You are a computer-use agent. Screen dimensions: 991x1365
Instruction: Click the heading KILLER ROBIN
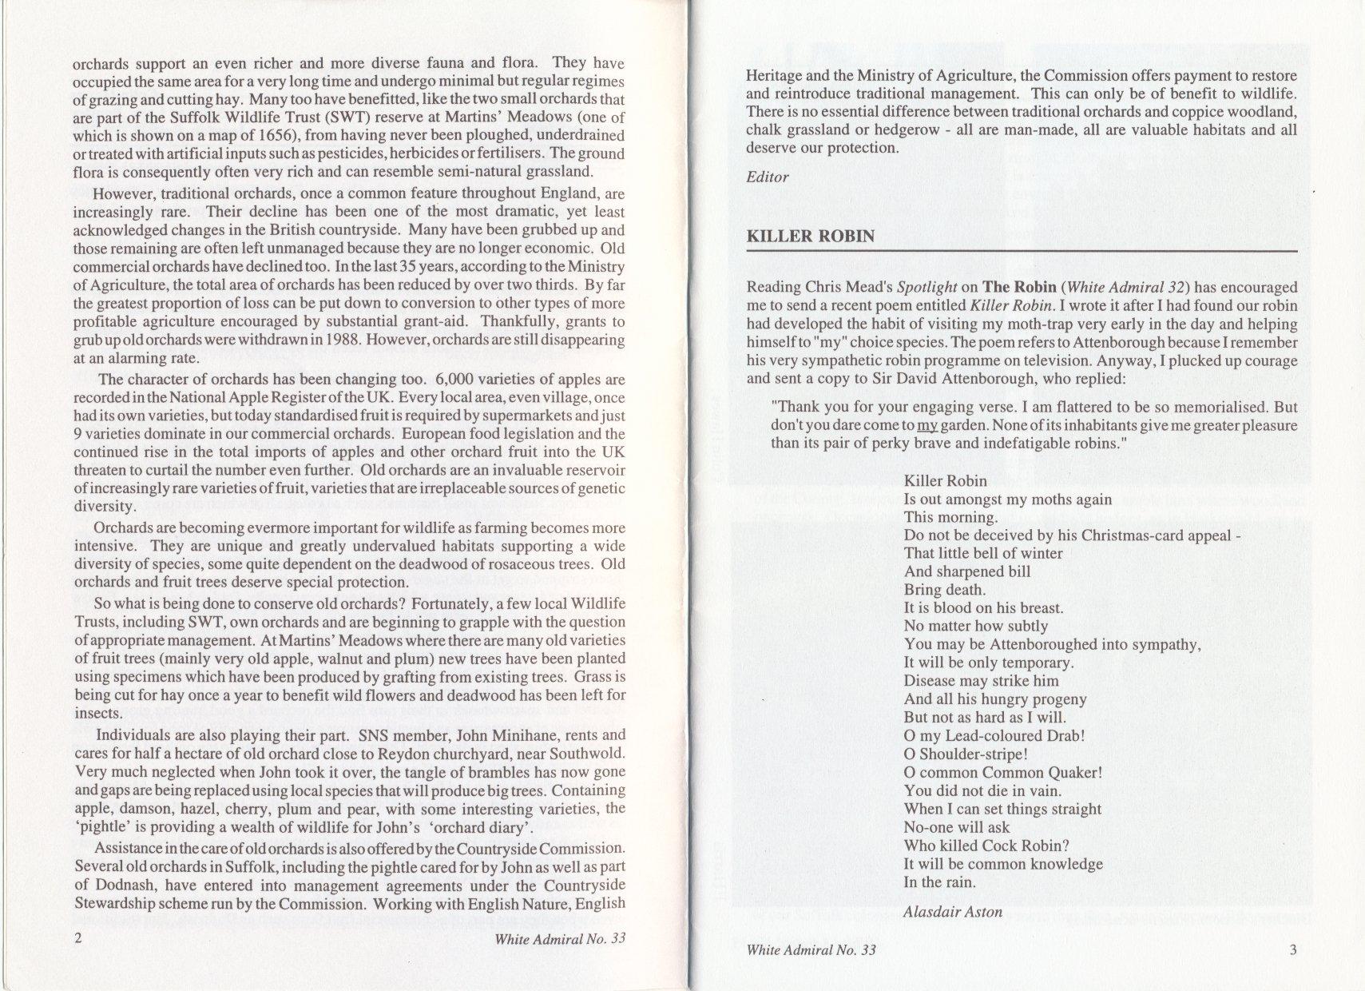(x=810, y=237)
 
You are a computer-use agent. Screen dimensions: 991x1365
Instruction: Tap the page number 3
(x=1293, y=950)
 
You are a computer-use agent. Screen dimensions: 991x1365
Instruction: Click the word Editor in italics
(x=767, y=177)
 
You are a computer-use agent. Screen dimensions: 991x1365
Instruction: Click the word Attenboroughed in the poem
(x=1039, y=645)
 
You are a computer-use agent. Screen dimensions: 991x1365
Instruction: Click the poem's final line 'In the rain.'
(x=939, y=882)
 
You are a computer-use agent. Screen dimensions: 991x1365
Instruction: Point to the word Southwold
(x=589, y=753)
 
